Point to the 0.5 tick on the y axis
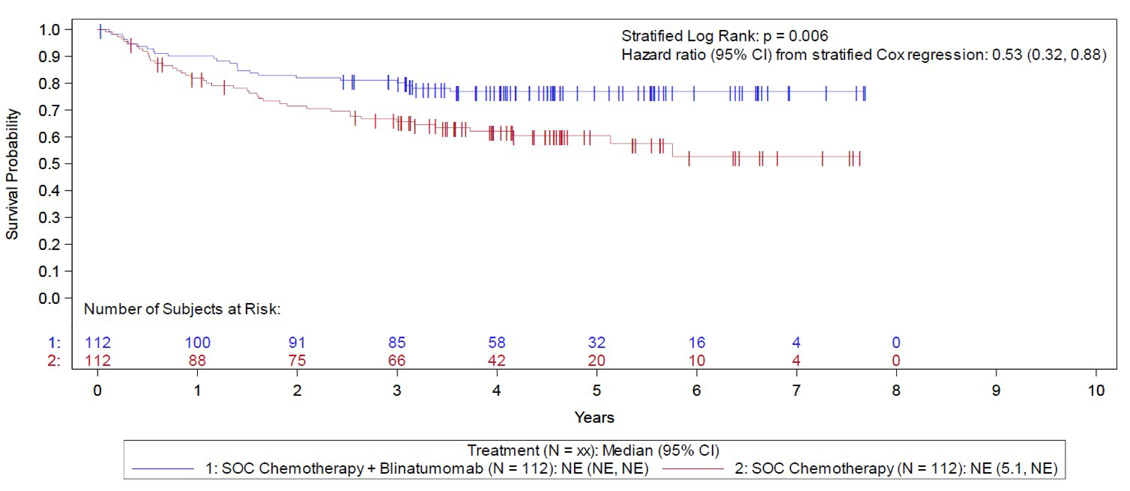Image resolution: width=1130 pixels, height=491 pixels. pyautogui.click(x=49, y=164)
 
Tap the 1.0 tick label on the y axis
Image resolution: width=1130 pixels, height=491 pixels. pyautogui.click(x=49, y=30)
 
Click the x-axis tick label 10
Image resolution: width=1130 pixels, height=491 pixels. pyautogui.click(x=1096, y=390)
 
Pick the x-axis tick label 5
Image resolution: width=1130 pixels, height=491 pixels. pyautogui.click(x=597, y=390)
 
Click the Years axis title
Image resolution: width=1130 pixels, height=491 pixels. pyautogui.click(x=594, y=417)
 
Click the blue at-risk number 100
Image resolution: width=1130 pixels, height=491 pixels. pyautogui.click(x=197, y=342)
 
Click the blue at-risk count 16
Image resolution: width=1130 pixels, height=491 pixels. pyautogui.click(x=697, y=342)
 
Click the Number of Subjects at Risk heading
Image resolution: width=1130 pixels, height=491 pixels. pyautogui.click(x=182, y=309)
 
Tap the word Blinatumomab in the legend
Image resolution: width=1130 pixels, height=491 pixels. pyautogui.click(x=431, y=469)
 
